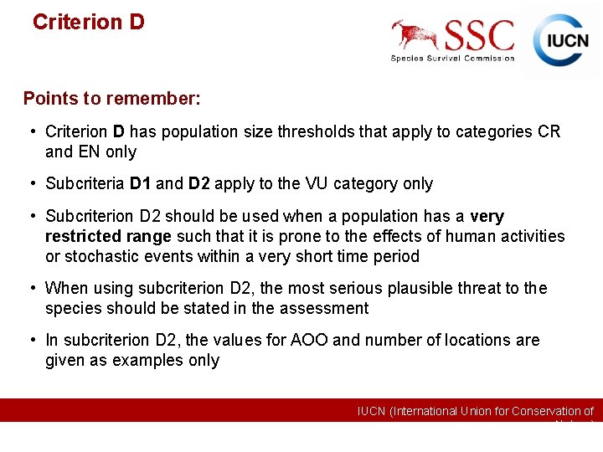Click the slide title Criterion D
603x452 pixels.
click(x=88, y=22)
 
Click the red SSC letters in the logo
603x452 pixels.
click(x=479, y=36)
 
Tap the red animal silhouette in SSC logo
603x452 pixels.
click(x=415, y=34)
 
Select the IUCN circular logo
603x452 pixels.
click(x=562, y=39)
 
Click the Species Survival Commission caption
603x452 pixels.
click(x=452, y=58)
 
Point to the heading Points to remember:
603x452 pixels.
click(x=111, y=99)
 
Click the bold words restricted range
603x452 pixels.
click(x=108, y=236)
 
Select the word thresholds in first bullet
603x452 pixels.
click(x=316, y=131)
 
